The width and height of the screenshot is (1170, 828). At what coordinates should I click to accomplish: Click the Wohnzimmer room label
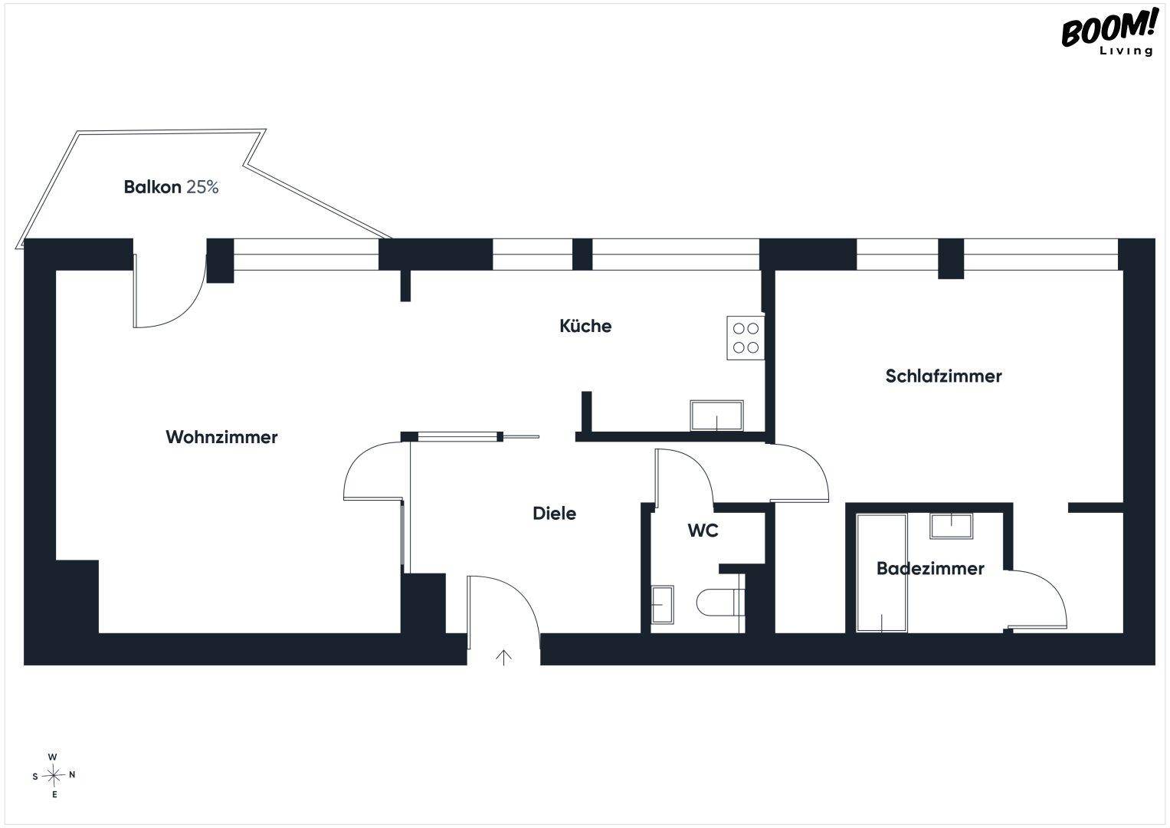221,437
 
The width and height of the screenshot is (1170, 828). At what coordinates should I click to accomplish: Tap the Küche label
585,326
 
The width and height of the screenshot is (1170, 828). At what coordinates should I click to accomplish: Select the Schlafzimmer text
943,376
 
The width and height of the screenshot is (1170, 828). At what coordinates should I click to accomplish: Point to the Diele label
554,514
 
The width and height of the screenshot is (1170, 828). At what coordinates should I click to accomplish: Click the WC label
703,531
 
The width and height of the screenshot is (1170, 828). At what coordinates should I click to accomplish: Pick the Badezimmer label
930,568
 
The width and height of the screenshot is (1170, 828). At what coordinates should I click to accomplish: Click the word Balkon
152,186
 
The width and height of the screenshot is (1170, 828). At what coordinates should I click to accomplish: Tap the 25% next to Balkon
202,186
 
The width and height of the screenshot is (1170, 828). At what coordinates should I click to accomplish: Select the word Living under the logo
1126,51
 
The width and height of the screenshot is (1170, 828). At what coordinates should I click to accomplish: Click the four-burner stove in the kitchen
746,337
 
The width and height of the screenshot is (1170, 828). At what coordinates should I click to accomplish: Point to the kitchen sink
716,416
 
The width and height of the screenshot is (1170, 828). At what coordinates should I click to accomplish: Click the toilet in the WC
720,603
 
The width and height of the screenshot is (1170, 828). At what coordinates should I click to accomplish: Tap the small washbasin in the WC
662,604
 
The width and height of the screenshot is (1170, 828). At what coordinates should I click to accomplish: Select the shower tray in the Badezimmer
882,573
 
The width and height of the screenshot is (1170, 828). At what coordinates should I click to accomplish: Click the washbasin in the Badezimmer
951,526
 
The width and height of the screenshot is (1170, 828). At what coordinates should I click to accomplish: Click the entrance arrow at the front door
503,658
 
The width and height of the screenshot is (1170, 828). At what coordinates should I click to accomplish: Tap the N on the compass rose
72,774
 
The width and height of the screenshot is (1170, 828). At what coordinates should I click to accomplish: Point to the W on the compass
52,757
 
